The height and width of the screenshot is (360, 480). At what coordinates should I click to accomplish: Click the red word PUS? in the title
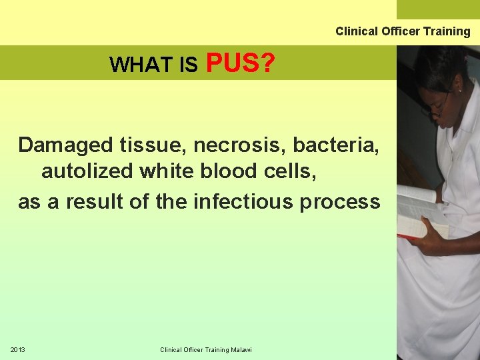[x=241, y=63]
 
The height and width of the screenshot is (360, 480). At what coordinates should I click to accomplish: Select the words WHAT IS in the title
[x=153, y=65]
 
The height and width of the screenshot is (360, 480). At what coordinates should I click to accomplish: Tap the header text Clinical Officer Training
[x=403, y=31]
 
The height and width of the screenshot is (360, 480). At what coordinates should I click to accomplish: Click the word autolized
[x=87, y=172]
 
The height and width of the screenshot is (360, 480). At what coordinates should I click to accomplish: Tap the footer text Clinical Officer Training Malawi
[x=205, y=350]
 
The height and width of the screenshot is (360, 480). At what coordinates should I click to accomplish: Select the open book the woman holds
[x=417, y=213]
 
